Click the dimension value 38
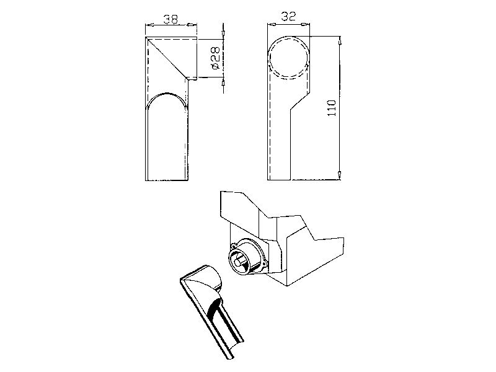coord(170,19)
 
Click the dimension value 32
coord(288,17)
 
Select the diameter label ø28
coord(215,58)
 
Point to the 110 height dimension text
coord(332,108)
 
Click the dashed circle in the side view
coord(288,58)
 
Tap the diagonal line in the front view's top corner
coord(166,58)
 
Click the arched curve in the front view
coord(166,100)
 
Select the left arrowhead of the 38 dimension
coord(149,25)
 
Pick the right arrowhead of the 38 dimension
coord(192,25)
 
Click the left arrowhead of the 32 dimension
coord(272,24)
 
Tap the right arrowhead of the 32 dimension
coord(305,24)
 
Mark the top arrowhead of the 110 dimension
coord(340,40)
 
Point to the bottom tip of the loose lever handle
coord(230,358)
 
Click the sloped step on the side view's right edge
coord(300,100)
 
